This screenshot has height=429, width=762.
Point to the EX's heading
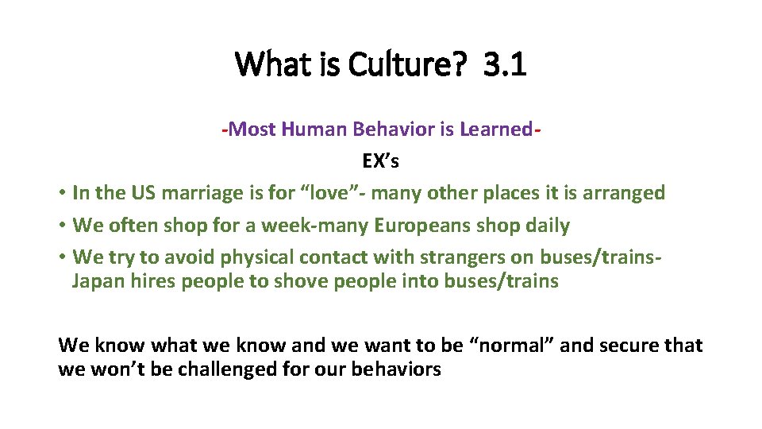point(380,161)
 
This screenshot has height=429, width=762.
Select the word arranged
point(626,193)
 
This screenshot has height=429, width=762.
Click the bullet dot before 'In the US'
point(61,194)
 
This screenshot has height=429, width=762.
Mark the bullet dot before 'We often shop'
point(61,226)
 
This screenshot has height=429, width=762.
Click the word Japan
point(96,281)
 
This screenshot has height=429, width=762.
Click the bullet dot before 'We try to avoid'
point(61,258)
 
